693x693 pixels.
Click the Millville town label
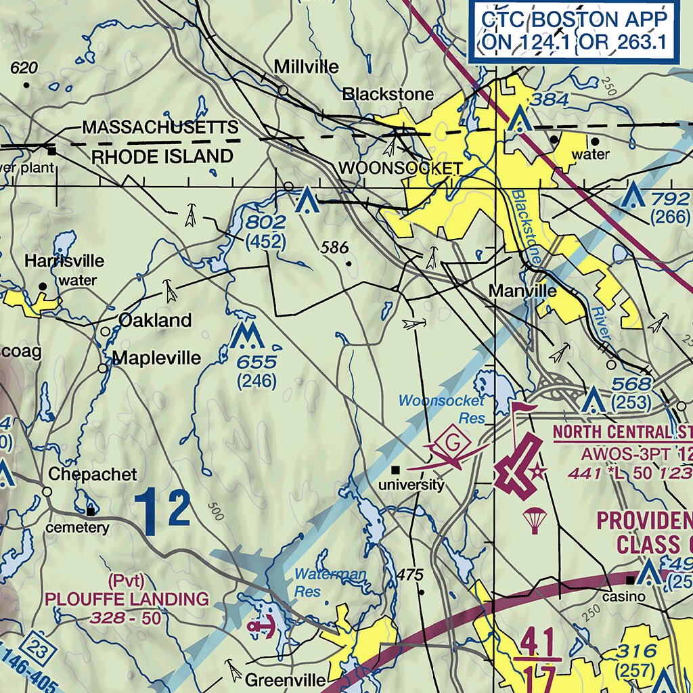[306, 66]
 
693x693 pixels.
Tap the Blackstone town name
[388, 94]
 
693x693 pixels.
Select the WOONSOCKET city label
[401, 169]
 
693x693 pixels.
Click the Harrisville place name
[64, 261]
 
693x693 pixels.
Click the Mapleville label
[156, 357]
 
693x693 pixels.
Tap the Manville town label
[522, 291]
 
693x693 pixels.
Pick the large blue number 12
[162, 510]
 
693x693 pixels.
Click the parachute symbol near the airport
[535, 520]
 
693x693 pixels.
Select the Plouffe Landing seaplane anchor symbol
[262, 627]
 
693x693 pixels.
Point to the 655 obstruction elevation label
[256, 362]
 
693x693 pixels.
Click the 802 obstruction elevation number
[266, 222]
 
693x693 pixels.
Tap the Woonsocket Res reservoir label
[441, 409]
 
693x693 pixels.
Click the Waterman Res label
[330, 582]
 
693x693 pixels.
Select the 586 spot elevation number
[335, 248]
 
